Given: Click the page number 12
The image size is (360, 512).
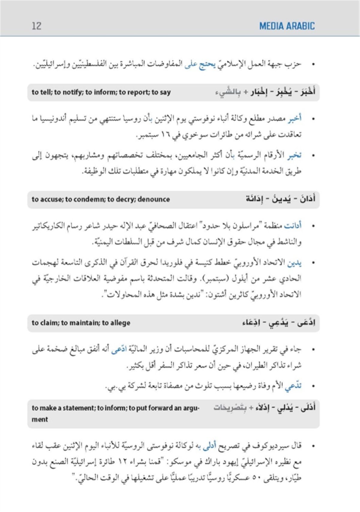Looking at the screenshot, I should click(36, 26).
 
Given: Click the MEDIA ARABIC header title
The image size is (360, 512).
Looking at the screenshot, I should click(287, 26).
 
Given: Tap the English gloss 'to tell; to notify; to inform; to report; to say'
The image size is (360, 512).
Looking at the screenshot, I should click(101, 92).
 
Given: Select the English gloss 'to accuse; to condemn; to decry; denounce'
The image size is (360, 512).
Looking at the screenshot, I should click(101, 199).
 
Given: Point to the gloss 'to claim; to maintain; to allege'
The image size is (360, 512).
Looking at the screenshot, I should click(81, 323).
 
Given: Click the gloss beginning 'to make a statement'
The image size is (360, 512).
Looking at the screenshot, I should click(115, 408).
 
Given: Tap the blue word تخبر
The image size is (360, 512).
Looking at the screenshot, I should click(294, 155).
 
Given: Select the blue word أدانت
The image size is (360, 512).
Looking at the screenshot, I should click(293, 225).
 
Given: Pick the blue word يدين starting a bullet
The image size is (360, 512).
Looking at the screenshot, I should click(295, 263).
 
